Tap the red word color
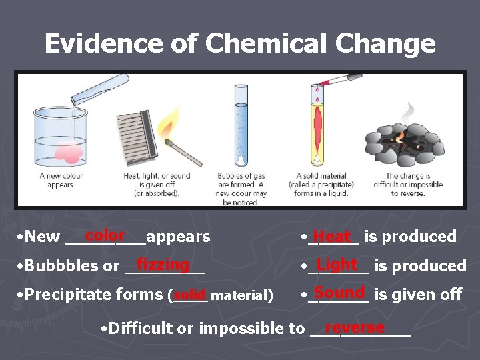pos(105,235)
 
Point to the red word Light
pos(337,265)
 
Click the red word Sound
pos(339,293)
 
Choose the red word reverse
pos(354,327)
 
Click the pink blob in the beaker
pos(67,153)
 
